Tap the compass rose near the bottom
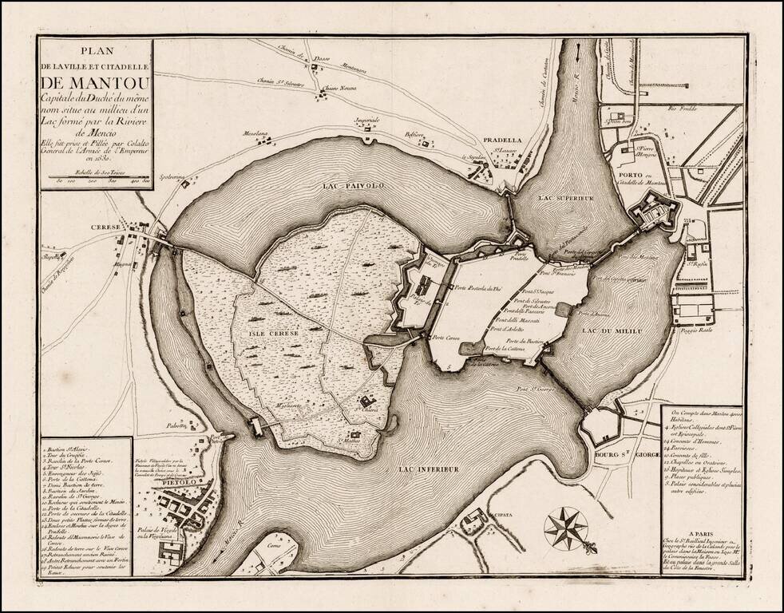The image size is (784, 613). point(566,528)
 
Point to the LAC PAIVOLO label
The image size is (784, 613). point(354,185)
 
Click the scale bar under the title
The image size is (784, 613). point(95,177)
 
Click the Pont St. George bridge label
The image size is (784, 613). point(535,390)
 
